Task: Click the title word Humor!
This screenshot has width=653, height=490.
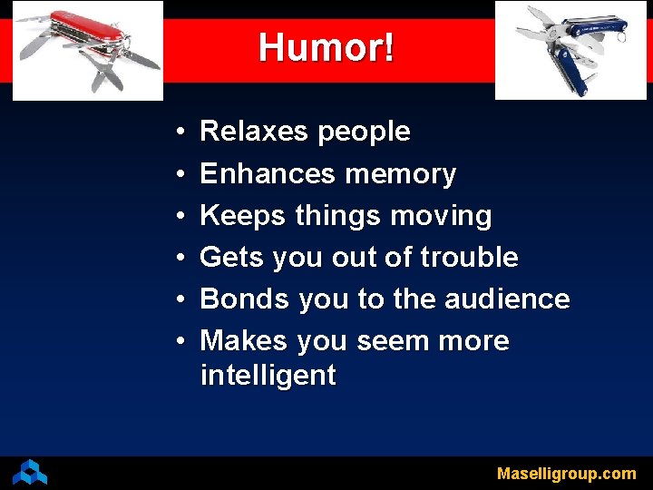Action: pyautogui.click(x=326, y=47)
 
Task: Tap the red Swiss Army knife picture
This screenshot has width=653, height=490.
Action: pyautogui.click(x=88, y=50)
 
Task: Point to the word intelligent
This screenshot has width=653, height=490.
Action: pyautogui.click(x=268, y=375)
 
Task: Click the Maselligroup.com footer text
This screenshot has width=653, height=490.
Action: pyautogui.click(x=566, y=474)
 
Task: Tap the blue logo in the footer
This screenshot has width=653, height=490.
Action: pyautogui.click(x=29, y=472)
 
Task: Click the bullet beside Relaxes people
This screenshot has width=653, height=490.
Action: pyautogui.click(x=181, y=132)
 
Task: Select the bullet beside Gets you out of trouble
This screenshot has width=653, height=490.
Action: pyautogui.click(x=181, y=259)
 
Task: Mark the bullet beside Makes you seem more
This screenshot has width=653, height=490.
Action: pyautogui.click(x=181, y=342)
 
